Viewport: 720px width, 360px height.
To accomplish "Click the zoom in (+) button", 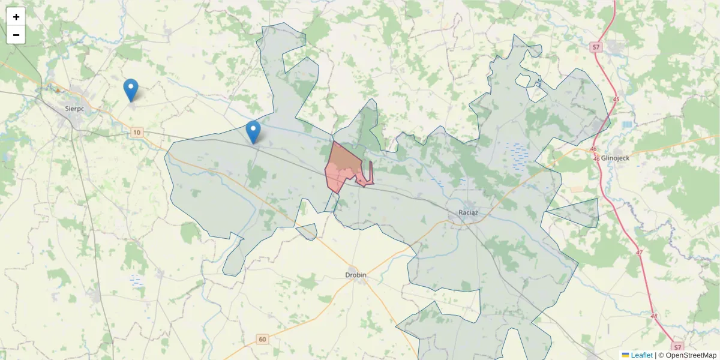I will click(16, 17).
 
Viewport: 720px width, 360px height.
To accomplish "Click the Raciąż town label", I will click(468, 212).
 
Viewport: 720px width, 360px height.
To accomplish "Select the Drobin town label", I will click(356, 275).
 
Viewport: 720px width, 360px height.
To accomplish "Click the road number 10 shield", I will click(137, 132).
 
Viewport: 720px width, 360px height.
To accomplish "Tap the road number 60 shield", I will click(262, 340).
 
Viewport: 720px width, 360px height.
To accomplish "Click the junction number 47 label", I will click(639, 253).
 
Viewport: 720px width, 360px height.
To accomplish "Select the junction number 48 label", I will click(654, 316).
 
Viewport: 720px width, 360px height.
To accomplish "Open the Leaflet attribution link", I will click(641, 355).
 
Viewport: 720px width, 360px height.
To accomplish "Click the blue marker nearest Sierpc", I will click(131, 91).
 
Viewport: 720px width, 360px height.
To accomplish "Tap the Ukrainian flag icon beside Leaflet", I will click(625, 355).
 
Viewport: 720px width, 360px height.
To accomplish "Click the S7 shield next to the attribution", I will click(677, 347).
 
